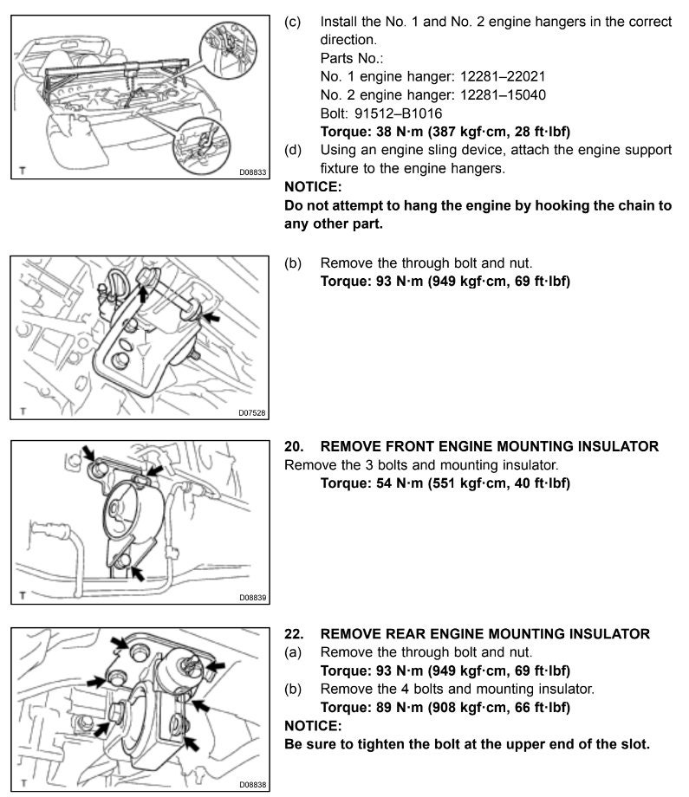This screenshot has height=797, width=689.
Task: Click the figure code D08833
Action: coord(253,172)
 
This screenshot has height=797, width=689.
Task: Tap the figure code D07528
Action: coord(252,413)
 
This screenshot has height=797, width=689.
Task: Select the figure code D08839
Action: coord(253,598)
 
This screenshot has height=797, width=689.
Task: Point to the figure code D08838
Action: coord(253,785)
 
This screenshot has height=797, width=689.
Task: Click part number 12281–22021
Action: coord(503,77)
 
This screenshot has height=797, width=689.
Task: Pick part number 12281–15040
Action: coord(503,95)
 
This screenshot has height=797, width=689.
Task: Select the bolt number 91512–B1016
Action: coord(398,113)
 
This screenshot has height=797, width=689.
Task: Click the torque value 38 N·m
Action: coord(400,132)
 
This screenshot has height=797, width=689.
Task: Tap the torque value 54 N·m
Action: coord(400,483)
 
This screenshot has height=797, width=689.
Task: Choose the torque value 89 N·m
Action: coord(400,708)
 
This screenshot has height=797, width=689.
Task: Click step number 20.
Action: coord(294,446)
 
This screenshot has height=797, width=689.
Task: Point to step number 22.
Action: coord(294,634)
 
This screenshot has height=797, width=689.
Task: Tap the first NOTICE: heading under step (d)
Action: coord(313,187)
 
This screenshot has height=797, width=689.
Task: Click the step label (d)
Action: coord(293,150)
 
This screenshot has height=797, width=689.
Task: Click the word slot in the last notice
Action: coord(633,744)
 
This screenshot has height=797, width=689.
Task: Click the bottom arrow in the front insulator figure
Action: coord(137,573)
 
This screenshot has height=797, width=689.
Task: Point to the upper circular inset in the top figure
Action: coord(228,50)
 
